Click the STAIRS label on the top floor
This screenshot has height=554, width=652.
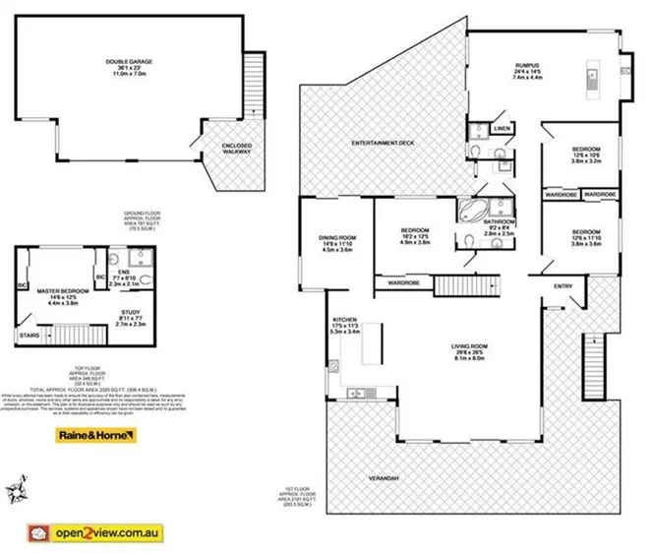[x=30, y=337]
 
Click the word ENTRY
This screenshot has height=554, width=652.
[x=563, y=286]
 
